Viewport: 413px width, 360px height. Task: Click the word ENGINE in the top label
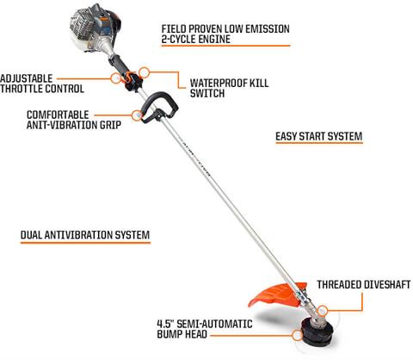(212, 39)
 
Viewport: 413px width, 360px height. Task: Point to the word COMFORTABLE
(58, 115)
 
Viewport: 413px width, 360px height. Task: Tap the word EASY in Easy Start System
(286, 136)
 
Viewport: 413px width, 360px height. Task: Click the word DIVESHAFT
(387, 285)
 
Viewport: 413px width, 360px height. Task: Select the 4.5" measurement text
(165, 324)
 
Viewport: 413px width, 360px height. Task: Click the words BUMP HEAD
(182, 334)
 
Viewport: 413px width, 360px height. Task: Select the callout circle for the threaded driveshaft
(323, 311)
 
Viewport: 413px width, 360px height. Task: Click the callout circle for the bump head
(297, 335)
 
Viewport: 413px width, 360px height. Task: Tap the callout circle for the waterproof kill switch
(145, 72)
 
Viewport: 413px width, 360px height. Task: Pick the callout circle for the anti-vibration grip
(138, 115)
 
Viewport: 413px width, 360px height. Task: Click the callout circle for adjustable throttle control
(116, 78)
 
